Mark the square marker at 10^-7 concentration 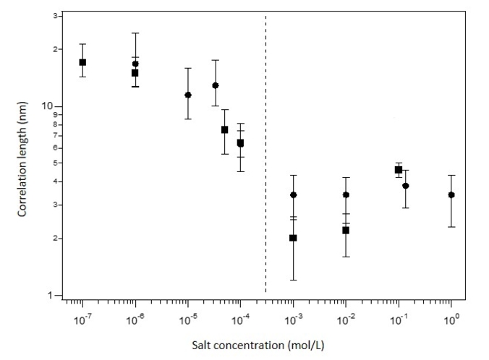click(x=82, y=62)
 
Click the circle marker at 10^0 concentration click(x=451, y=194)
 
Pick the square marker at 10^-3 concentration click(x=293, y=238)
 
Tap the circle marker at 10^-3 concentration click(x=293, y=194)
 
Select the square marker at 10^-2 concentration click(x=346, y=230)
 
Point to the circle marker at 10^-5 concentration click(x=188, y=95)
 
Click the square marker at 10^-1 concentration click(x=399, y=169)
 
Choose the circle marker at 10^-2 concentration click(x=346, y=194)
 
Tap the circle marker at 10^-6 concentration click(x=135, y=64)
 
